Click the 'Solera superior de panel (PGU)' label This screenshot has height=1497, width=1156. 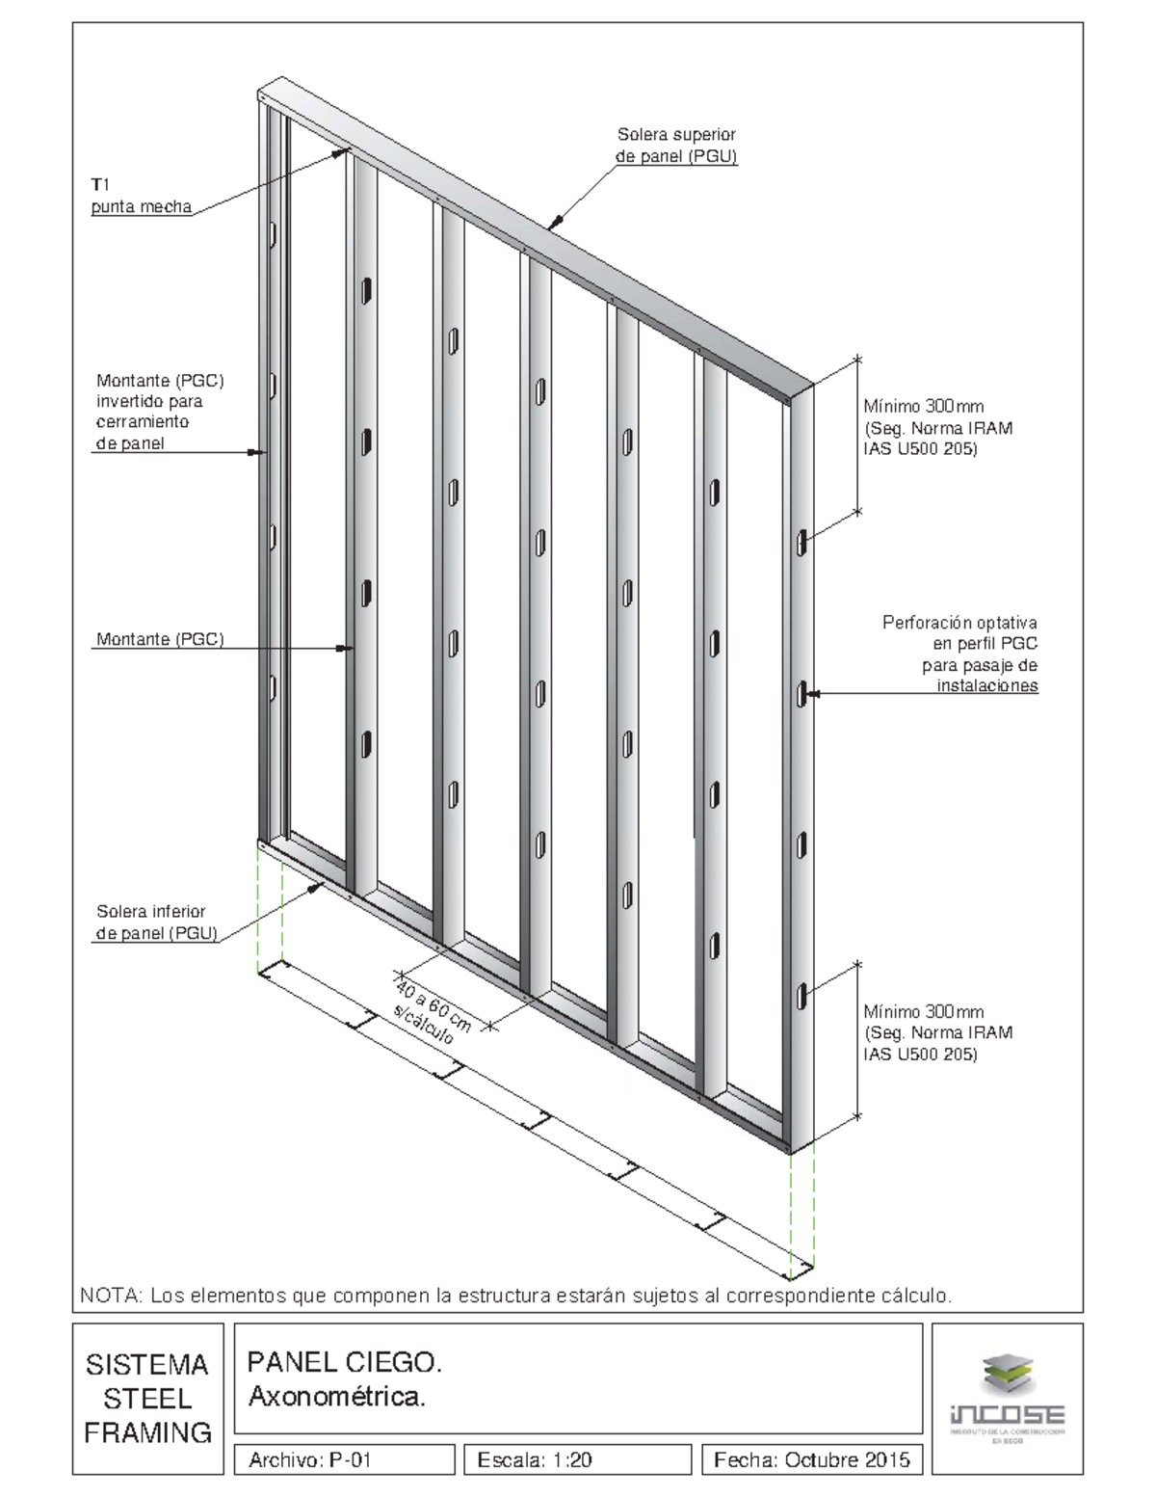676,146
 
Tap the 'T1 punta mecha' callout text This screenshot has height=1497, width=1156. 141,196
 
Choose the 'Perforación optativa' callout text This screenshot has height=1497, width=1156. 959,655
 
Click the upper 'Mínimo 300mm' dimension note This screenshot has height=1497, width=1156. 937,427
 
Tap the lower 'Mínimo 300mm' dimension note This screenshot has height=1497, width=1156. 937,1032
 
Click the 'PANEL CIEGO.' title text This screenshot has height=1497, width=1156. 345,1362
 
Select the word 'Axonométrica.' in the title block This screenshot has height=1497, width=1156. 336,1396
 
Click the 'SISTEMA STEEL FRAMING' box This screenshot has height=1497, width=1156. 147,1398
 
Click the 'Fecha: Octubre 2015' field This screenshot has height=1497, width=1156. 811,1459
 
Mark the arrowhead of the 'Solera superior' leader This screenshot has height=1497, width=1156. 552,226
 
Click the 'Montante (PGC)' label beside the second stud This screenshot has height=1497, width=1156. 160,639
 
